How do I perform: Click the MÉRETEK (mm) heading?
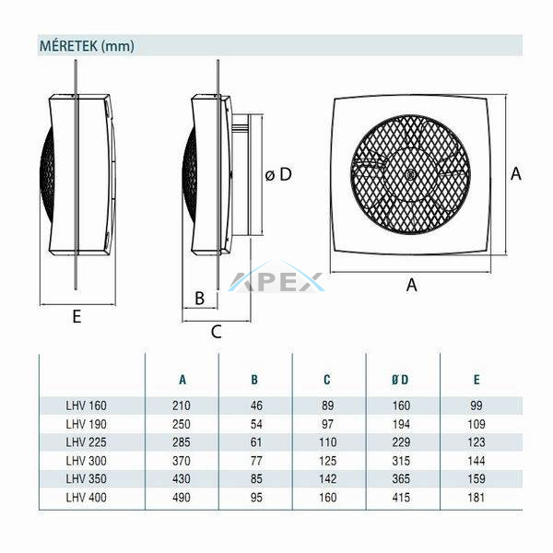pyautogui.click(x=87, y=46)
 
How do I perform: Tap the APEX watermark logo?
pyautogui.click(x=276, y=278)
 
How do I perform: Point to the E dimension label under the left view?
pyautogui.click(x=76, y=316)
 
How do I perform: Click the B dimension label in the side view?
pyautogui.click(x=200, y=298)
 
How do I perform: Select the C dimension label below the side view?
pyautogui.click(x=217, y=332)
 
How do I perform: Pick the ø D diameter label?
pyautogui.click(x=278, y=174)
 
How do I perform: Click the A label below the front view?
pyautogui.click(x=411, y=285)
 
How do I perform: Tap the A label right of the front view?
pyautogui.click(x=515, y=173)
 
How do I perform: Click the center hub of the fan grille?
pyautogui.click(x=410, y=174)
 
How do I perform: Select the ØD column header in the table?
pyautogui.click(x=400, y=380)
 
